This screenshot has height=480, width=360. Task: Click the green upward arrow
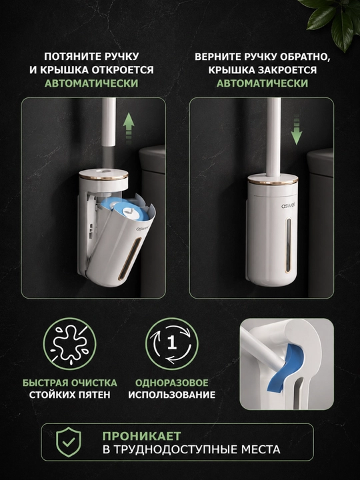tap(129, 128)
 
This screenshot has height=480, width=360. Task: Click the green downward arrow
tap(296, 130)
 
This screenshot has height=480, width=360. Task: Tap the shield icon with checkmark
tap(69, 442)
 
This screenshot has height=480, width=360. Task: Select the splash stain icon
tap(69, 343)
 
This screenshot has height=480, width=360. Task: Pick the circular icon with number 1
tap(172, 343)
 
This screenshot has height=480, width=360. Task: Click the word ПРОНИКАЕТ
tap(142, 435)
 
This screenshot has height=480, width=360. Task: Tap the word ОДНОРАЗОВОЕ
tap(172, 383)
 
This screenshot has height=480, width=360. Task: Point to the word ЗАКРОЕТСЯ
tap(287, 70)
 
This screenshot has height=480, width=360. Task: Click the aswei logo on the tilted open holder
tap(142, 228)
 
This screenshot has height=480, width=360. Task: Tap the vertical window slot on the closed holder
tap(288, 245)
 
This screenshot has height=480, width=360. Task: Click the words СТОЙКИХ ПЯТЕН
tap(69, 394)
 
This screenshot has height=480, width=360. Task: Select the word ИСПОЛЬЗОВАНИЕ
tap(172, 394)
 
